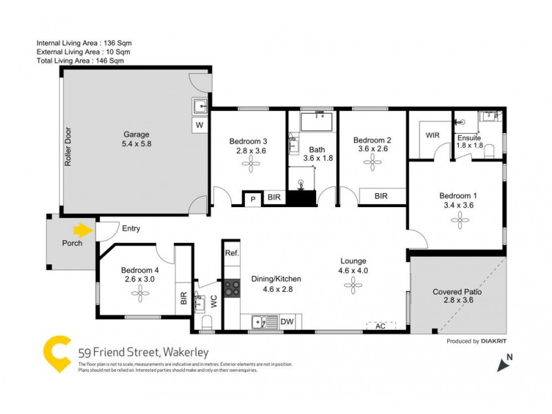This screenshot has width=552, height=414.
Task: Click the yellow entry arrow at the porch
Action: pos(83,230)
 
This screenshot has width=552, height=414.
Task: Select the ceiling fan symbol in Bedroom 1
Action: pos(458,219)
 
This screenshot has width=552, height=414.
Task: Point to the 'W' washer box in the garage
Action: pos(199,126)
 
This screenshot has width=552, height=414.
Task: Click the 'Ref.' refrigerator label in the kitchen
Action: pos(232,253)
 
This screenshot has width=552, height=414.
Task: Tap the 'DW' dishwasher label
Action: pos(288,321)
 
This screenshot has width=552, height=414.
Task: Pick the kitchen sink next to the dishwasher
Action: pos(261,321)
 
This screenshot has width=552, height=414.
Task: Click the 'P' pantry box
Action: pos(253,199)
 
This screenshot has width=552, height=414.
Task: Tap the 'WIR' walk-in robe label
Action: pos(433,136)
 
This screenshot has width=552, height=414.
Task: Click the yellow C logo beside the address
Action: pos(56,354)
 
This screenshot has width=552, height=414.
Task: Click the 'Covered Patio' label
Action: pos(457,292)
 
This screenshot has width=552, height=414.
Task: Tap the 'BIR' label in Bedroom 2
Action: pos(381,197)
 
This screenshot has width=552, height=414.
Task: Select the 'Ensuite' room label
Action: pos(469,137)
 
